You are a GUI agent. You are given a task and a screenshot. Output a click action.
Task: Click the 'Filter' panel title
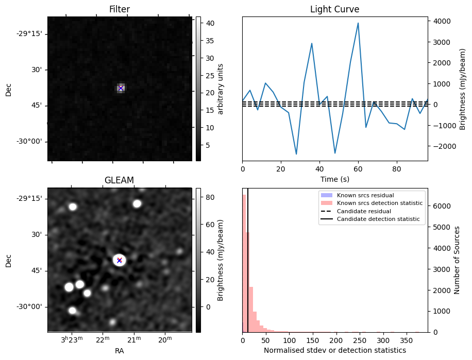119,9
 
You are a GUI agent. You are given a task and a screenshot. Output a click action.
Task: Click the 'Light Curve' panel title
335,9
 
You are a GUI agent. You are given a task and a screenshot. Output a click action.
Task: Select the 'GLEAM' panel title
119,180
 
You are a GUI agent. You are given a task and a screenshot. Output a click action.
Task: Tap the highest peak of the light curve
358,23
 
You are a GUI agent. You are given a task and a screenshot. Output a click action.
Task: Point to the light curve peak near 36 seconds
312,43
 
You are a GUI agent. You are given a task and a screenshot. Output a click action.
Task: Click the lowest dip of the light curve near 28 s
296,155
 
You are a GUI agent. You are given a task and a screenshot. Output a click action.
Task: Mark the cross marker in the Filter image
121,88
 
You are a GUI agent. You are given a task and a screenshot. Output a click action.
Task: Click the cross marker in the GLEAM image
120,260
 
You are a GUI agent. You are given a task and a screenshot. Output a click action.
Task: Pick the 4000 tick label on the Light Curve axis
442,21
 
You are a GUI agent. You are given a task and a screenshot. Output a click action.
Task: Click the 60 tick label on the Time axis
358,169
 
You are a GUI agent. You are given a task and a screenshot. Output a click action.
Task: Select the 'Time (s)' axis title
335,179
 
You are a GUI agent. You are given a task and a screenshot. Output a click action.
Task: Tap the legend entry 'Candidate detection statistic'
378,219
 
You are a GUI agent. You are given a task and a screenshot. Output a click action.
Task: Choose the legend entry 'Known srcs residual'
365,195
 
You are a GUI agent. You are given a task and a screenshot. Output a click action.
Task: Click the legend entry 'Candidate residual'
364,211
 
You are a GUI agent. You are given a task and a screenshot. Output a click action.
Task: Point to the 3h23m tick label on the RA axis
72,340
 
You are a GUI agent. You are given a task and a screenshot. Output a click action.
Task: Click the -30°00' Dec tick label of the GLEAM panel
31,307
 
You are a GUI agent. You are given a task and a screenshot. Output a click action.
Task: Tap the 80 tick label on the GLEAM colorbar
210,197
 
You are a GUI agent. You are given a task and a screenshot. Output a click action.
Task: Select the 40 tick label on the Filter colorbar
210,23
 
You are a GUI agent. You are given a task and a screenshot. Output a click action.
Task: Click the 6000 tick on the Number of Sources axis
442,206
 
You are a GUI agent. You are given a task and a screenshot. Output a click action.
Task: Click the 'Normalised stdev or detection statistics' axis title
335,350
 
